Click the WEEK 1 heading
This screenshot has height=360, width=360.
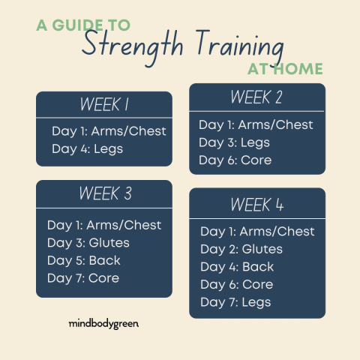(104, 104)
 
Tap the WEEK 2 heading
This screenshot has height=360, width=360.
(256, 97)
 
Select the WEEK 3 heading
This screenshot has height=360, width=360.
(105, 193)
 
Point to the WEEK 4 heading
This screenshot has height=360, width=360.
(257, 205)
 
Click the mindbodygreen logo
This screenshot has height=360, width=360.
(103, 324)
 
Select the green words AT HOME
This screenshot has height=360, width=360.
(285, 69)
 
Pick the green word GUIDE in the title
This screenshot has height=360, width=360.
(77, 25)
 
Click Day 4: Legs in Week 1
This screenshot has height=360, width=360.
(88, 149)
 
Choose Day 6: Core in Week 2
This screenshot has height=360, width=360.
(235, 160)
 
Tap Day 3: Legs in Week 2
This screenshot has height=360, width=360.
(235, 143)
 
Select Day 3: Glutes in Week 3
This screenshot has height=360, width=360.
(88, 243)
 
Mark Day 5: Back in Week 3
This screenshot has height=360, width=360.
(84, 261)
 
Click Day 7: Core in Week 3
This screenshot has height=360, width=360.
(83, 278)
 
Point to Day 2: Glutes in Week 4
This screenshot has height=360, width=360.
(241, 250)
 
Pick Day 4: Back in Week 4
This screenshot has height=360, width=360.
(237, 267)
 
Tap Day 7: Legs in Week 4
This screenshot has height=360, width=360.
(235, 302)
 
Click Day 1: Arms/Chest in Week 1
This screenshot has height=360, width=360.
(109, 131)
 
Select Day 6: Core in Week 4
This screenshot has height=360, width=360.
(237, 285)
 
